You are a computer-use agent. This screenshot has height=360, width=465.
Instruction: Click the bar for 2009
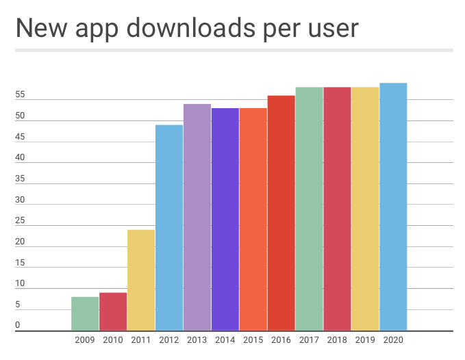pyautogui.click(x=85, y=314)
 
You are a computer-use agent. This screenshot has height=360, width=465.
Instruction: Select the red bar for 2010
pyautogui.click(x=113, y=312)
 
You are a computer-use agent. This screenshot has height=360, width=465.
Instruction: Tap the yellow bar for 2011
pyautogui.click(x=141, y=281)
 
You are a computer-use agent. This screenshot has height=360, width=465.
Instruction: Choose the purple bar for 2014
pyautogui.click(x=225, y=220)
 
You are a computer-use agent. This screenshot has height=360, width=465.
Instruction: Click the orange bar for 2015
pyautogui.click(x=253, y=220)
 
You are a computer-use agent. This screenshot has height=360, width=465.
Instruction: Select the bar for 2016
pyautogui.click(x=281, y=214)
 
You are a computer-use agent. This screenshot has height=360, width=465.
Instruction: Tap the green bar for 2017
pyautogui.click(x=310, y=209)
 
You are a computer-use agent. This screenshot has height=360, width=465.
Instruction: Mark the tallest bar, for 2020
pyautogui.click(x=393, y=207)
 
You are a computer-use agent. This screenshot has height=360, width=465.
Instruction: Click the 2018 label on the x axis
pyautogui.click(x=337, y=339)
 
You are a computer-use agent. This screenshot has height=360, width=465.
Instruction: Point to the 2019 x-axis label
pyautogui.click(x=365, y=339)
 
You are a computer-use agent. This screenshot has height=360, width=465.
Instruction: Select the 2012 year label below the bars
pyautogui.click(x=169, y=339)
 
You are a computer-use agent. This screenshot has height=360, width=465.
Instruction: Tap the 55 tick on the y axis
pyautogui.click(x=20, y=95)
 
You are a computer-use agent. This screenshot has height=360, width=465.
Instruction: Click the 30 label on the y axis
pyautogui.click(x=20, y=200)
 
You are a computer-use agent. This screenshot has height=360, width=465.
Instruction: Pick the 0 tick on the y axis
pyautogui.click(x=18, y=326)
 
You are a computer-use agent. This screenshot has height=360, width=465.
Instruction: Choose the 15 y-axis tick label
pyautogui.click(x=20, y=263)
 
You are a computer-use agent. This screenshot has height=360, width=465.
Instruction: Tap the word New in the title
pyautogui.click(x=40, y=29)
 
